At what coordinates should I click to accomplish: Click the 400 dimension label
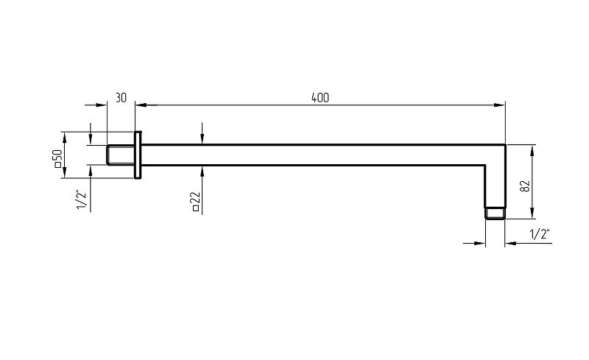pyautogui.click(x=320, y=98)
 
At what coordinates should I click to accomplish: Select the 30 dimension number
pyautogui.click(x=121, y=98)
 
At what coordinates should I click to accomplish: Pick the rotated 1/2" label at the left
pyautogui.click(x=82, y=200)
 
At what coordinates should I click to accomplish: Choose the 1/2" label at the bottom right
pyautogui.click(x=540, y=234)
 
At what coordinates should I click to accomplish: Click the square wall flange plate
pyautogui.click(x=138, y=155)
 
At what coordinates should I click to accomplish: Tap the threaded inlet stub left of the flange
pyautogui.click(x=121, y=155)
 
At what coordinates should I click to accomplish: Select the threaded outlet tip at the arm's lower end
pyautogui.click(x=495, y=213)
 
